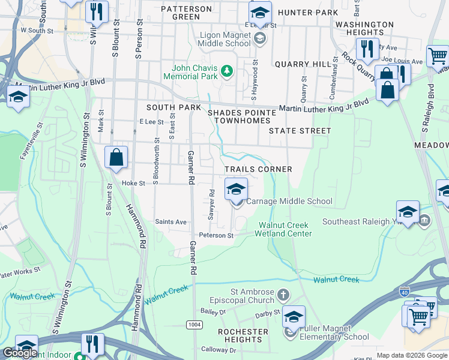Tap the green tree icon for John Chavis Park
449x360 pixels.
226,72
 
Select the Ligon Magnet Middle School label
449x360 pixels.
224,39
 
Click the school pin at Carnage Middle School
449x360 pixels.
237,190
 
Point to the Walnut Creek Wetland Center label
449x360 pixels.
285,229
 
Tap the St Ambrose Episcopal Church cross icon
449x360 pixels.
283,295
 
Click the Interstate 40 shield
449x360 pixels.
405,292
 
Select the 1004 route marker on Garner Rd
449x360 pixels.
193,325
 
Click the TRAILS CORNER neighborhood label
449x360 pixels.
258,170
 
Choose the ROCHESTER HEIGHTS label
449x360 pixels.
243,335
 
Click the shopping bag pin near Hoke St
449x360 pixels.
116,158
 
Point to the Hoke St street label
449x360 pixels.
133,184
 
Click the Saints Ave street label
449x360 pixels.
171,222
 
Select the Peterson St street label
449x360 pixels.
216,236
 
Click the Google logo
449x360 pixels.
20,353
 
